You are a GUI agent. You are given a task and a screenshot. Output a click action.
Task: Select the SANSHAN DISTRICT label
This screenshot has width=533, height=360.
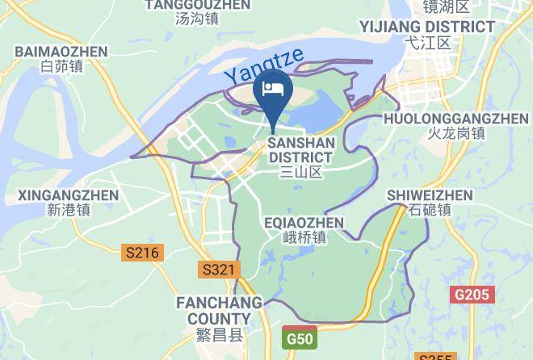300,149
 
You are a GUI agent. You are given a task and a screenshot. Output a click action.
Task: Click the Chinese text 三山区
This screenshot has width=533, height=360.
300,172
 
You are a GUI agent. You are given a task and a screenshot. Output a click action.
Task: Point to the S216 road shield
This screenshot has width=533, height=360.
143,253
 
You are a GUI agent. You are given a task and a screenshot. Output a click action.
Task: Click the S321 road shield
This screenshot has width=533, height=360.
220,270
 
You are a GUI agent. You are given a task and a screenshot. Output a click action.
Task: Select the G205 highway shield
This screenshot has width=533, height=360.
471,295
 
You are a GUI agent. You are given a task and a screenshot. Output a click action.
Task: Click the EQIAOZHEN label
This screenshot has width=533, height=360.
304,222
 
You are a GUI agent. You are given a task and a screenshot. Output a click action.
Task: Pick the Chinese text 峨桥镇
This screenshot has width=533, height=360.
304,237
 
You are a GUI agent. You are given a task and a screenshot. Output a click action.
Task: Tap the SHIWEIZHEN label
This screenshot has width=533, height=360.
430,195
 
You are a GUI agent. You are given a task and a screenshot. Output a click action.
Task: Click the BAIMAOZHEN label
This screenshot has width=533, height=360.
61,52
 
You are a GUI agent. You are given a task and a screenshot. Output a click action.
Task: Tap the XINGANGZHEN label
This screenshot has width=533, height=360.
68,195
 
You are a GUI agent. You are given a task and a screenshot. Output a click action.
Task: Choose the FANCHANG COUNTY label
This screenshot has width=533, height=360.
219,311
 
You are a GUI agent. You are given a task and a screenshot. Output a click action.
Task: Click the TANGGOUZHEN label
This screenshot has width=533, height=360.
197,5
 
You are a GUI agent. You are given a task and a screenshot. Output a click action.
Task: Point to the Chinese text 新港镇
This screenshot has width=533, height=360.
68,211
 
